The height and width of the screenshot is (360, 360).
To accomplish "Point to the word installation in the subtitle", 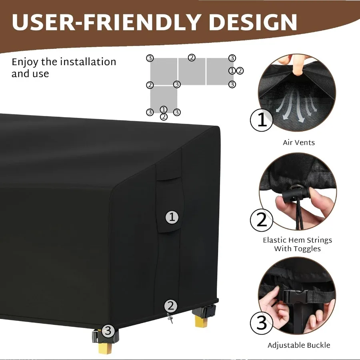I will [x=88, y=62].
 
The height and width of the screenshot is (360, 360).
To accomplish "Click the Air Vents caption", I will [x=299, y=142].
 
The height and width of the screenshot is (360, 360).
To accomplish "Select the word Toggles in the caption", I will [x=306, y=249].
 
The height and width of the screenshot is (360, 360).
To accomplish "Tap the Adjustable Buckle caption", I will [x=299, y=345].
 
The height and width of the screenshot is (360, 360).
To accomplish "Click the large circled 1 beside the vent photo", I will [x=262, y=120].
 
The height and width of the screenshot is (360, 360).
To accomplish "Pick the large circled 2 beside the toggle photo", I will [x=262, y=220].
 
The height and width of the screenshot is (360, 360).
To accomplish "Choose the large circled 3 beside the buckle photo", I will [x=262, y=322].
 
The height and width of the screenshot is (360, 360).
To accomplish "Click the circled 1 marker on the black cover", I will [x=172, y=217].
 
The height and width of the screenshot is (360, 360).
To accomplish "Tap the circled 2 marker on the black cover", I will [x=171, y=306].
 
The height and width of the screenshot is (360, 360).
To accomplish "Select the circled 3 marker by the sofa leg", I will [x=108, y=331].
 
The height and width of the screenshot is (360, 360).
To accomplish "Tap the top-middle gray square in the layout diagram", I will [x=192, y=71].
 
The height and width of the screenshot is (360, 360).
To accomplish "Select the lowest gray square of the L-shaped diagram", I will [x=164, y=98].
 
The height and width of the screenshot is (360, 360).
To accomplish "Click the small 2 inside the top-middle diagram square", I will [x=192, y=58].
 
